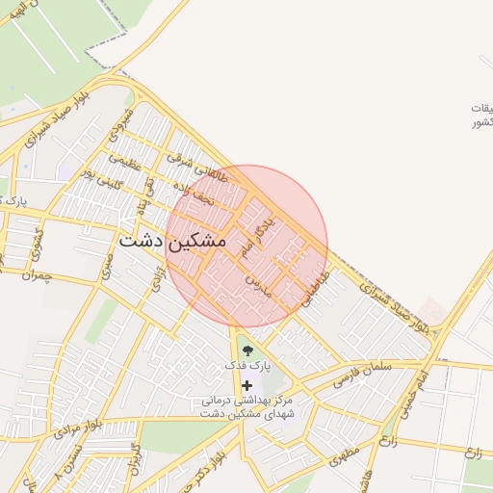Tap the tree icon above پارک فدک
pyautogui.click(x=248, y=350)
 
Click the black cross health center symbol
pyautogui.click(x=247, y=384)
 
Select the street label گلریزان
pyautogui.click(x=135, y=463)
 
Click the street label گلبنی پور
pyautogui.click(x=101, y=175)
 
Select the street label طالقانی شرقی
pyautogui.click(x=189, y=162)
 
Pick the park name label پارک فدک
pyautogui.click(x=248, y=367)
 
